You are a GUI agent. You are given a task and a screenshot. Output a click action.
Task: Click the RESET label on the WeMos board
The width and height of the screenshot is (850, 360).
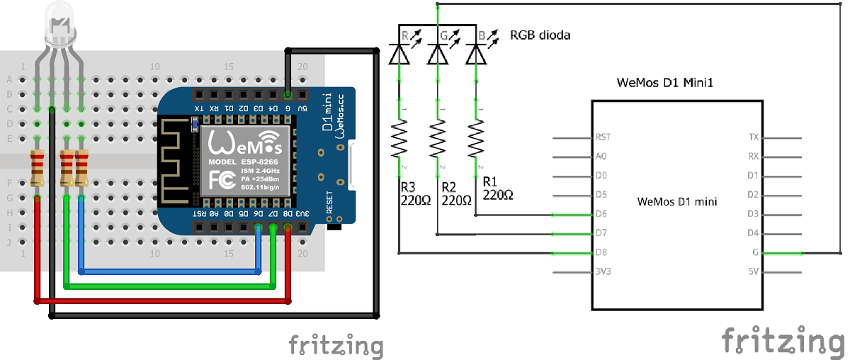[329, 202]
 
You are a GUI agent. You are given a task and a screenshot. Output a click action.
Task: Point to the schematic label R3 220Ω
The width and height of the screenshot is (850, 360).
[414, 193]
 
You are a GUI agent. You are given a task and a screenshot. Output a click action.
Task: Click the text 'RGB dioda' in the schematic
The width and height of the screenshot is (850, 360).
[540, 35]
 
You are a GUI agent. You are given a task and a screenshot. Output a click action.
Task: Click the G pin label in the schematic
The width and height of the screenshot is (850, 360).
[755, 252]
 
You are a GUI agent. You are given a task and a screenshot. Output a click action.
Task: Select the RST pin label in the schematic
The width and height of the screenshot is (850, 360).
[603, 137]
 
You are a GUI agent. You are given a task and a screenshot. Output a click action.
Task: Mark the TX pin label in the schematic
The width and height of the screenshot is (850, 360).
[753, 137]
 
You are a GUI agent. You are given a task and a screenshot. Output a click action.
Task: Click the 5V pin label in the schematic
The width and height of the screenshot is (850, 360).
[753, 271]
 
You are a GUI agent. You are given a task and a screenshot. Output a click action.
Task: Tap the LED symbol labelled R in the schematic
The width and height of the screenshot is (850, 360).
[399, 52]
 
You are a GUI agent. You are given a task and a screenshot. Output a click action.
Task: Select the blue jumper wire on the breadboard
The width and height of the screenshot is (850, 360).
[170, 271]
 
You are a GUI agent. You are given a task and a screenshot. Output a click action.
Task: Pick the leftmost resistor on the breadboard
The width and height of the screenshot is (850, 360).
[38, 169]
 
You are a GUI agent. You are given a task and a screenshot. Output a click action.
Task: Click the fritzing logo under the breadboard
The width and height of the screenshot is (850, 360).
[336, 345]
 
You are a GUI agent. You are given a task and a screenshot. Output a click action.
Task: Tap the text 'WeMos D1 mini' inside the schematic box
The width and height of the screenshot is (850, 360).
[676, 201]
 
